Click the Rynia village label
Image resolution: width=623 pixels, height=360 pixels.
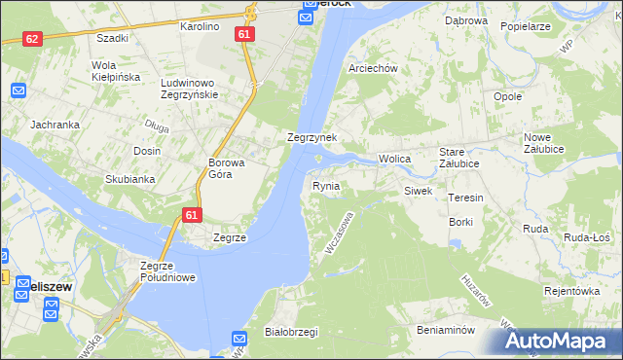(x=326, y=185)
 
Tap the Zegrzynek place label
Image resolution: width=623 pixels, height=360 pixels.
(x=311, y=138)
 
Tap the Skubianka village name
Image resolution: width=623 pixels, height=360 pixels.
(x=130, y=179)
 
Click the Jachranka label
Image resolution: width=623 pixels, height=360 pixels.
(x=55, y=125)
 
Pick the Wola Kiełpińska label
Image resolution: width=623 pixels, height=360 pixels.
(x=116, y=71)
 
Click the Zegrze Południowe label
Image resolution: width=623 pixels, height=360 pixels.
(x=168, y=271)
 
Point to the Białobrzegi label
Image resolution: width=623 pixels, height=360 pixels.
(x=291, y=332)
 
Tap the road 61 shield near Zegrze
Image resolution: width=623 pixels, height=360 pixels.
(x=192, y=215)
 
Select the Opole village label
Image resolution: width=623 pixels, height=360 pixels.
(x=508, y=97)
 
